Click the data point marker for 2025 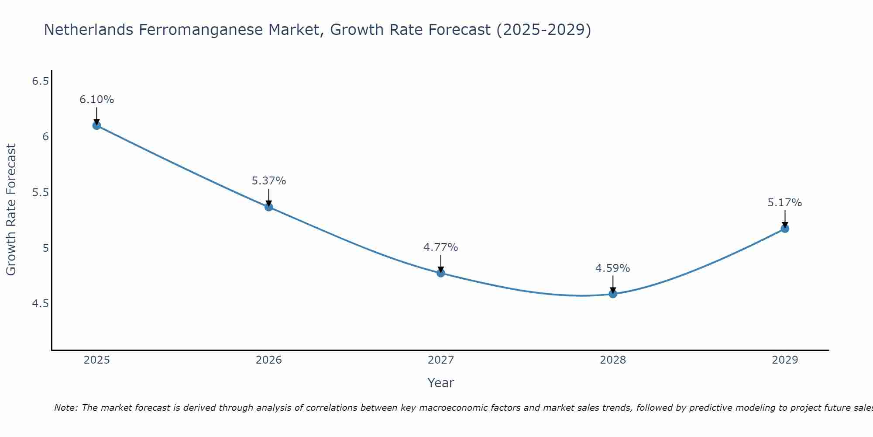tap(97, 126)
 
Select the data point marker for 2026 tap(269, 207)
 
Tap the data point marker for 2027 tap(441, 273)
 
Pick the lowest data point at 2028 tap(613, 294)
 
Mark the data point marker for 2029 tap(785, 229)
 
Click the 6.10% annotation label tap(97, 100)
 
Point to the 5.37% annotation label tap(269, 181)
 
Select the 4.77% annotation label tap(441, 247)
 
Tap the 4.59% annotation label tap(613, 268)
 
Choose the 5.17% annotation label tap(785, 203)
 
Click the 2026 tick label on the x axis tap(269, 360)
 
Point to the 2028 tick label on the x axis tap(613, 360)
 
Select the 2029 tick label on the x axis tap(785, 360)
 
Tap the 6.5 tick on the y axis tap(40, 81)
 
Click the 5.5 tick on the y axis tap(40, 193)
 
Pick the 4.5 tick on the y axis tap(40, 304)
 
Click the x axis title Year tap(441, 383)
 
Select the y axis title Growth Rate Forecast tap(11, 210)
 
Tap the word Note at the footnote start tap(65, 408)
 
